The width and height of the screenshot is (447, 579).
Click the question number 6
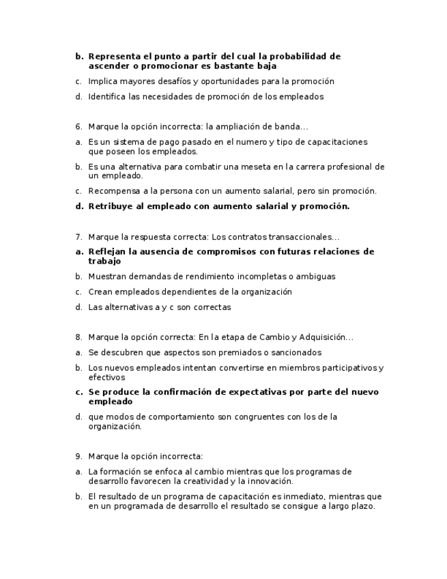(78, 127)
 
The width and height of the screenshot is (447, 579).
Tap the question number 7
(78, 238)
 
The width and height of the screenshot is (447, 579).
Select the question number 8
(78, 337)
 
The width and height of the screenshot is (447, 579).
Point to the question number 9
(78, 457)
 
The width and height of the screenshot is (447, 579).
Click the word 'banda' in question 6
(285, 127)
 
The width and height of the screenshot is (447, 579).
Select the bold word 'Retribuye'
(111, 206)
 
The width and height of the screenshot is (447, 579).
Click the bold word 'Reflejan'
(108, 252)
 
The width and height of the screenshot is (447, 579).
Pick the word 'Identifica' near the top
(106, 97)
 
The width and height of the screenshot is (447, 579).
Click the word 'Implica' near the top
(102, 82)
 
